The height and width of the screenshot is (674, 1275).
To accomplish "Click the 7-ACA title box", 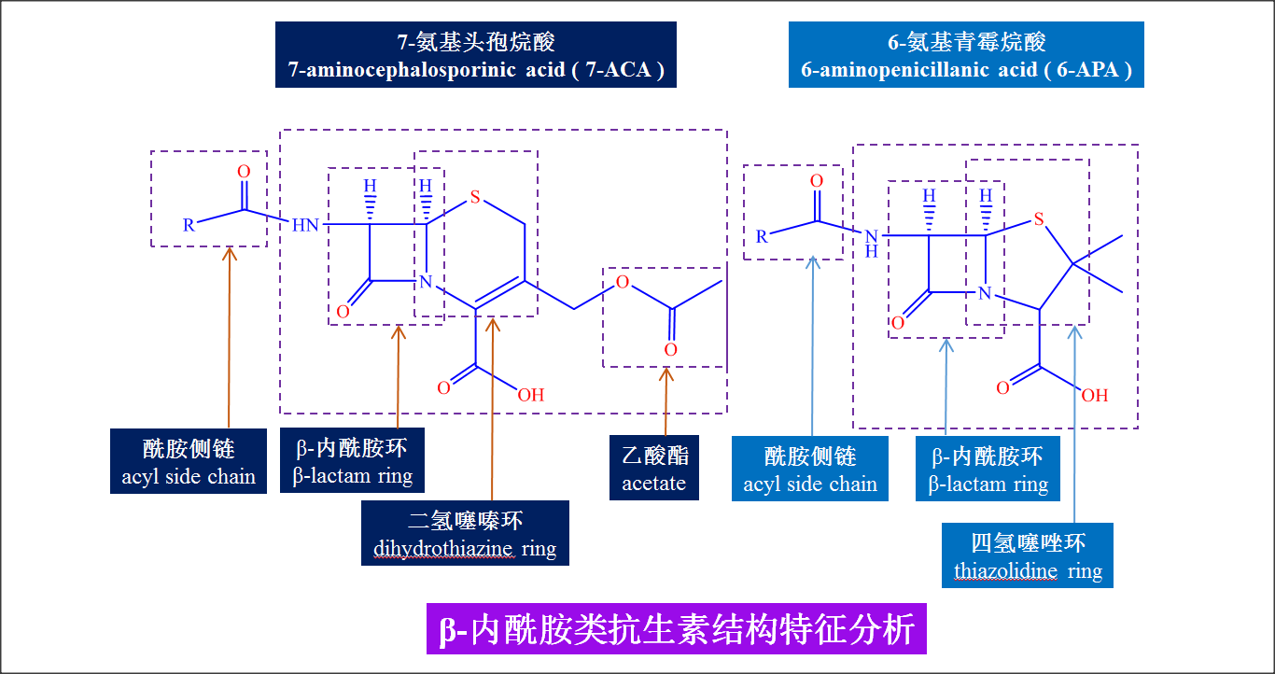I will click(475, 55).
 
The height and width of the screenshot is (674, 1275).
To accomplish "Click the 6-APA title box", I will click(966, 55).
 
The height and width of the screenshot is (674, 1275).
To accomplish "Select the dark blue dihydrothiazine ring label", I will click(465, 533).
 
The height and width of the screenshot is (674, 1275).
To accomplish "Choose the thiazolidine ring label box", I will click(1028, 555).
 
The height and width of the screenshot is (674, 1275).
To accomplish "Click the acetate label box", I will click(653, 468).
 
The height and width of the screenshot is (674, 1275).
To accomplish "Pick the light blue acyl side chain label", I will click(810, 469).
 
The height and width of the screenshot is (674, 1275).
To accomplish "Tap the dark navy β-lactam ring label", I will click(352, 460).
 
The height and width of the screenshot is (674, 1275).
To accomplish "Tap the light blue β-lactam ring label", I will click(988, 469).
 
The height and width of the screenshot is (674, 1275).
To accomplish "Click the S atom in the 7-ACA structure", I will click(475, 197).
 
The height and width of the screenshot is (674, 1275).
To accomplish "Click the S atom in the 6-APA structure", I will click(1038, 220).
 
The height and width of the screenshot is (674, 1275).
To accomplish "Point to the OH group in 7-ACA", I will click(530, 395).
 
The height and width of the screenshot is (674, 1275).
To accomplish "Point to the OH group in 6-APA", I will click(1094, 396).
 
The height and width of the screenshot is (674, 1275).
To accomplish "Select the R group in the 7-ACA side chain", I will click(189, 224).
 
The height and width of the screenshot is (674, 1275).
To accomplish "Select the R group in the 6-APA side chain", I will click(762, 236).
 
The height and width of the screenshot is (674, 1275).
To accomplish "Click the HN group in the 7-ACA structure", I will click(305, 225).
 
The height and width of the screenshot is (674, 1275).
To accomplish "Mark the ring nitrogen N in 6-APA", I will click(984, 294).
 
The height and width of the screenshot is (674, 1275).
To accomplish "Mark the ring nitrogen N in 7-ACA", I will click(426, 281).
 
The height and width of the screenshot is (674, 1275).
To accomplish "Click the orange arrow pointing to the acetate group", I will click(666, 401).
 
